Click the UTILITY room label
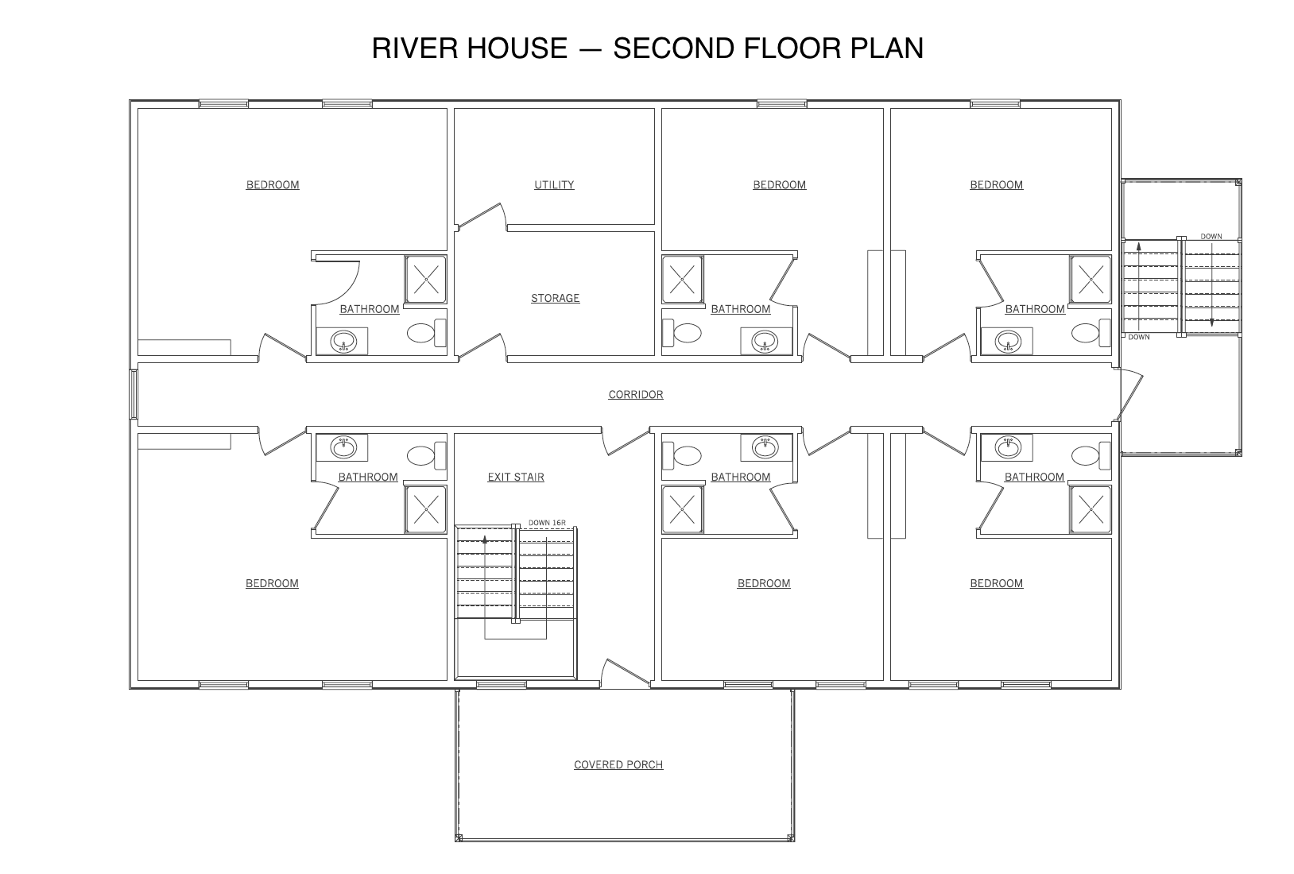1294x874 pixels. pyautogui.click(x=554, y=185)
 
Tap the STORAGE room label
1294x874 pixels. pyautogui.click(x=555, y=299)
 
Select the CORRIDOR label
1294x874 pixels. pyautogui.click(x=635, y=395)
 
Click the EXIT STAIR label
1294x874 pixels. pyautogui.click(x=516, y=478)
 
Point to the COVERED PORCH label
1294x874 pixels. pyautogui.click(x=618, y=765)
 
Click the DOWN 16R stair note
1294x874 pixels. pyautogui.click(x=547, y=523)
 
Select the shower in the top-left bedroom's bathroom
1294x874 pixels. pyautogui.click(x=426, y=279)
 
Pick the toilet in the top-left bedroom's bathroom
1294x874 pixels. pyautogui.click(x=426, y=333)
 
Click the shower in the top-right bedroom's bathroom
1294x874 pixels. pyautogui.click(x=1091, y=279)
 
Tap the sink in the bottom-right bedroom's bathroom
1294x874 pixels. pyautogui.click(x=1008, y=447)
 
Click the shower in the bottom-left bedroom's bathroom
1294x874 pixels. pyautogui.click(x=426, y=509)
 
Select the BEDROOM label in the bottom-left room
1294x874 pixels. pyautogui.click(x=272, y=584)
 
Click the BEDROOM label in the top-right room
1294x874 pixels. pyautogui.click(x=996, y=185)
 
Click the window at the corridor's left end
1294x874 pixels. pyautogui.click(x=134, y=394)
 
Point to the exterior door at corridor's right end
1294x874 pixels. pyautogui.click(x=1129, y=395)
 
